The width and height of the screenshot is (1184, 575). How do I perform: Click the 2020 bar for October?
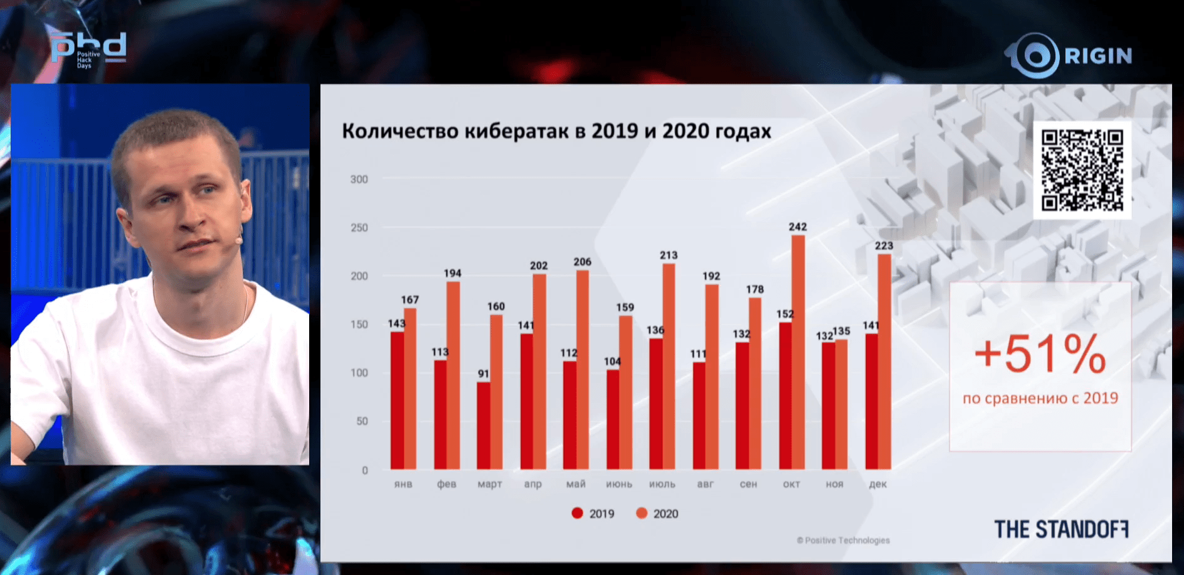(x=798, y=352)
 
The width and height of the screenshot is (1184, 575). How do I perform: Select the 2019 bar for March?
(x=484, y=426)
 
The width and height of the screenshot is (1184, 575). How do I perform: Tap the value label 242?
(x=798, y=227)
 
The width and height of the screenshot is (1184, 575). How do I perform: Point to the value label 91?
(x=484, y=373)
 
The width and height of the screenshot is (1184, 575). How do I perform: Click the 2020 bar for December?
(x=884, y=361)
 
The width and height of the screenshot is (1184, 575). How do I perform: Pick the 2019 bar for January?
(x=397, y=400)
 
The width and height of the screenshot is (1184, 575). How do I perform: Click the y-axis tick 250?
(x=359, y=228)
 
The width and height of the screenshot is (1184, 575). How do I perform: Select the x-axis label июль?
(x=662, y=484)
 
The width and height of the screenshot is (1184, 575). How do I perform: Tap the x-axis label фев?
(x=447, y=484)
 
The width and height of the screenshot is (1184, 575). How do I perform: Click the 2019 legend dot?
(x=578, y=513)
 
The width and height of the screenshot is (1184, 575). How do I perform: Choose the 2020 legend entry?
(x=657, y=513)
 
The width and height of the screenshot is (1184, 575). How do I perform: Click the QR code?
(x=1082, y=170)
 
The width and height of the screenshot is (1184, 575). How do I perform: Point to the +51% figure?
(x=1040, y=355)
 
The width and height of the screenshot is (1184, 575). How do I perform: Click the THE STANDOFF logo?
(x=1061, y=529)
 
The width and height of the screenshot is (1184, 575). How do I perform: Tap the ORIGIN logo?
(x=1070, y=56)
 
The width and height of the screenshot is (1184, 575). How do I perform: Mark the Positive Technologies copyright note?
(x=843, y=540)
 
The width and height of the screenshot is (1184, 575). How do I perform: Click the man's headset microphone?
(x=238, y=239)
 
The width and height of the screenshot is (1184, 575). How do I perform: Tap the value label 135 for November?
(x=842, y=331)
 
